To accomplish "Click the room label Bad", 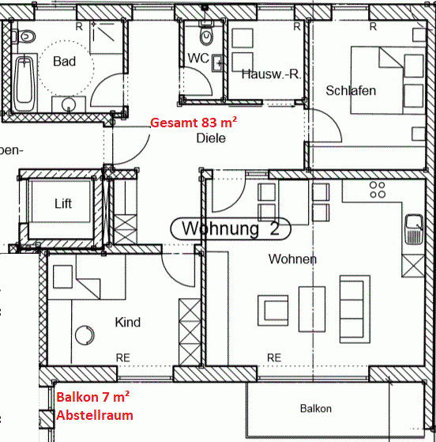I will (x=64, y=61).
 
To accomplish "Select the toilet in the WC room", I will (x=207, y=36).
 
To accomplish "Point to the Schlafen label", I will (x=351, y=90).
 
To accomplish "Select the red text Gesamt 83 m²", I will (x=194, y=122).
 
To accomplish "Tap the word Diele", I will (x=211, y=138).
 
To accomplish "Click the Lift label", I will (x=63, y=203).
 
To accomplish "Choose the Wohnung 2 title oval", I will (x=231, y=229).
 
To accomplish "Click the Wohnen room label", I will (x=292, y=259).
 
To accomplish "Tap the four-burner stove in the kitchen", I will (x=378, y=190).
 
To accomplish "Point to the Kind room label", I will (x=128, y=322).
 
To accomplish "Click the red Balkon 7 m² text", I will (x=93, y=398).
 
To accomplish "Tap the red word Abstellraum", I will (x=94, y=414).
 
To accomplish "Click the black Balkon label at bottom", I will (x=315, y=409).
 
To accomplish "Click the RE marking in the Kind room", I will (x=123, y=357).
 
